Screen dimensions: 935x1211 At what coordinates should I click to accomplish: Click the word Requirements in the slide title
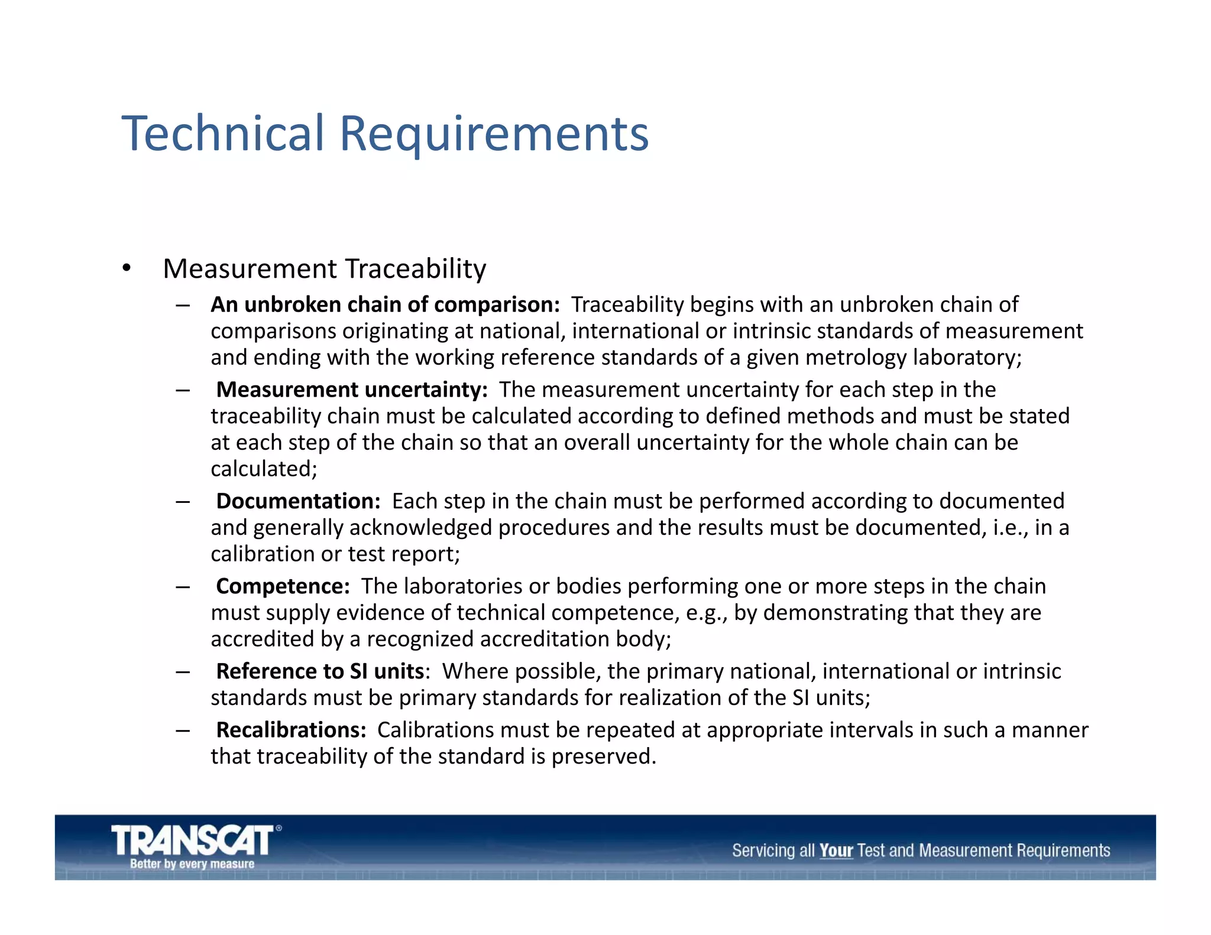pyautogui.click(x=494, y=135)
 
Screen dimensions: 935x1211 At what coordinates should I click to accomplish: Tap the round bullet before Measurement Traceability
pyautogui.click(x=126, y=268)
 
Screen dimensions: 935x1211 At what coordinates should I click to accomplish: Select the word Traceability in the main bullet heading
pyautogui.click(x=415, y=270)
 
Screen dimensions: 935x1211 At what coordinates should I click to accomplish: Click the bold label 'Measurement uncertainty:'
pyautogui.click(x=352, y=390)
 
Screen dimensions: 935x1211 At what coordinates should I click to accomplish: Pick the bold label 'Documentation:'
pyautogui.click(x=298, y=501)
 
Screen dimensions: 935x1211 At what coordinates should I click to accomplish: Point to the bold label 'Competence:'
pyautogui.click(x=283, y=586)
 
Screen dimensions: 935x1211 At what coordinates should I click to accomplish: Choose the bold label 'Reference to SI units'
pyautogui.click(x=320, y=671)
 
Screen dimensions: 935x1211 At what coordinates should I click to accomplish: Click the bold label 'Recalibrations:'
pyautogui.click(x=292, y=730)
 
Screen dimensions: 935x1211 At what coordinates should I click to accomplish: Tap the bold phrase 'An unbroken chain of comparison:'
pyautogui.click(x=385, y=304)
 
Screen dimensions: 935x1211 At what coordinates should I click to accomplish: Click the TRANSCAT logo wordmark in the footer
pyautogui.click(x=192, y=840)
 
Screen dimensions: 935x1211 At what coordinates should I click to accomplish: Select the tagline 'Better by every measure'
pyautogui.click(x=192, y=864)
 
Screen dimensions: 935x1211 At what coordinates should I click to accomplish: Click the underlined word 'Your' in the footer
pyautogui.click(x=836, y=850)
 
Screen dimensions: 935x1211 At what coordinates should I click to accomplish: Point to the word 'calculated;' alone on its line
pyautogui.click(x=264, y=469)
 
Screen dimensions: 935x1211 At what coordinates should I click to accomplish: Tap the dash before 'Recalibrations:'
pyautogui.click(x=182, y=731)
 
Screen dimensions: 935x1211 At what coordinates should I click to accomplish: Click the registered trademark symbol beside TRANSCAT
pyautogui.click(x=279, y=828)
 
